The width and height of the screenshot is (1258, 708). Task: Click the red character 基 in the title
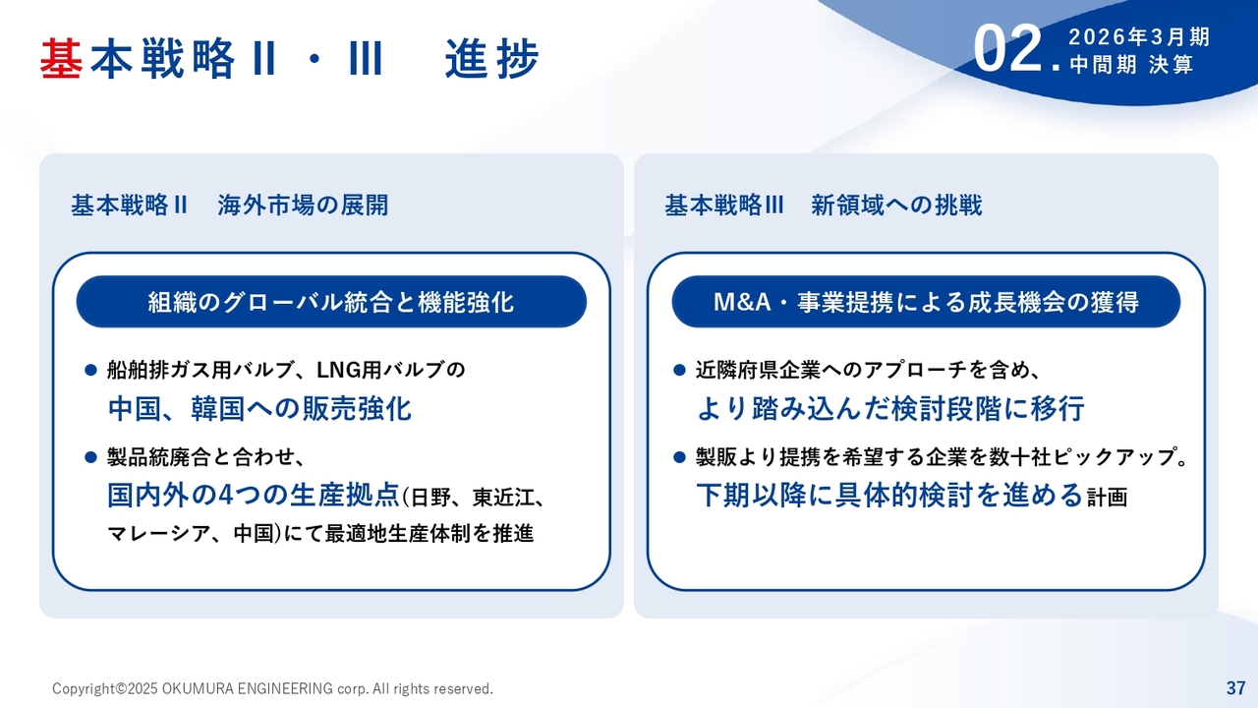[x=62, y=58]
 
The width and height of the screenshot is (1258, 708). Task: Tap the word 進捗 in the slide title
[x=492, y=58]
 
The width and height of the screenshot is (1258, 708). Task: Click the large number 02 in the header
[x=1007, y=49]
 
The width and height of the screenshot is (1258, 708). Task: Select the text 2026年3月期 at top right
[x=1139, y=37]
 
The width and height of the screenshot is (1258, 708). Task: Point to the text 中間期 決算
[x=1131, y=65]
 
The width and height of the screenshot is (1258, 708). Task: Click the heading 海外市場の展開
[x=303, y=206]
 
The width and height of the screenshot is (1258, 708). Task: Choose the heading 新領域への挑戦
[x=896, y=206]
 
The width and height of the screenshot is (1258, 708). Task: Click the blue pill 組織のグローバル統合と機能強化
[x=331, y=302]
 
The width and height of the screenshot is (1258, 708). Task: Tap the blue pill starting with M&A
[x=926, y=302]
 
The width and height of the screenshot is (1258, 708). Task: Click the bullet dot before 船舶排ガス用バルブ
[x=91, y=371]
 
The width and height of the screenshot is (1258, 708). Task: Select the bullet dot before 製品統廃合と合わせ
[x=91, y=457]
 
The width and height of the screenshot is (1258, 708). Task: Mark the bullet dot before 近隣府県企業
[x=679, y=371]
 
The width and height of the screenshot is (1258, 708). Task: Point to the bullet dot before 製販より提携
[x=679, y=457]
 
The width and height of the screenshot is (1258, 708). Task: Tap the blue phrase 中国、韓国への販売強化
[x=259, y=408]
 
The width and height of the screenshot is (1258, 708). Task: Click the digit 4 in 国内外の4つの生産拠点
[x=225, y=495]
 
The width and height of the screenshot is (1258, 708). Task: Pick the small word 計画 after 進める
[x=1107, y=498]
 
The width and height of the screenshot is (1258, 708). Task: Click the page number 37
[x=1235, y=687]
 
